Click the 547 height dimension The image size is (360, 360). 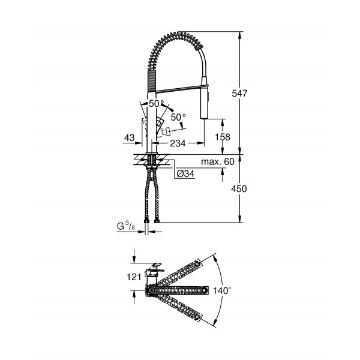pos(239,93)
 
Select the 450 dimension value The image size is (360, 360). pos(239,188)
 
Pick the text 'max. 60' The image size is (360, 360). pos(217,162)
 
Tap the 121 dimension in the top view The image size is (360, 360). pos(133,277)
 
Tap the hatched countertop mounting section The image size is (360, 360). pos(153,160)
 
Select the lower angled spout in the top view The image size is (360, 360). pos(184,305)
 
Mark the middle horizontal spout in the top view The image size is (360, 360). pos(180,290)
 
